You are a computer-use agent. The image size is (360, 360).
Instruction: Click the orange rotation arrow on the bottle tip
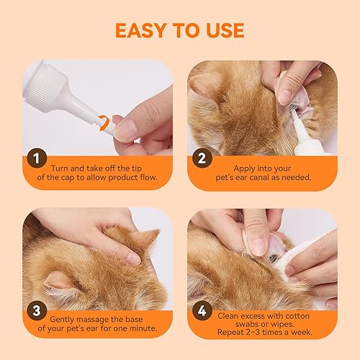click(x=105, y=122)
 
